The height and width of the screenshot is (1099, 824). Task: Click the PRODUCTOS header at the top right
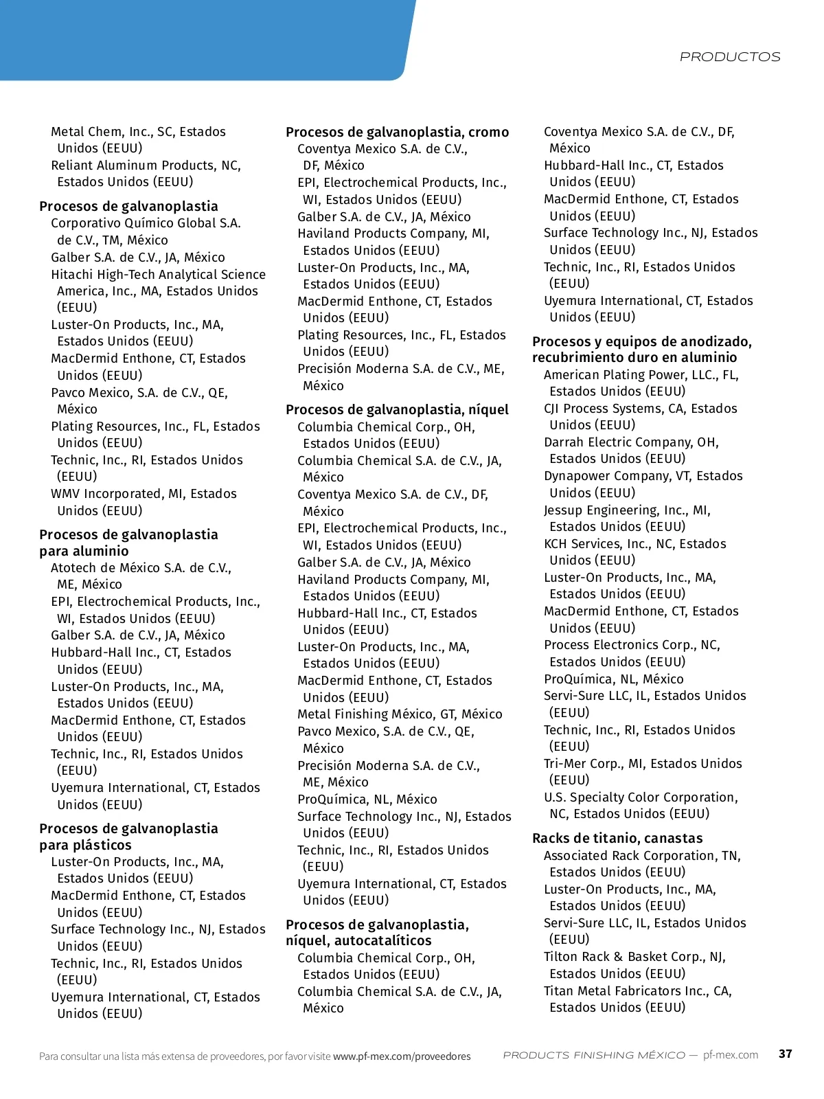(730, 57)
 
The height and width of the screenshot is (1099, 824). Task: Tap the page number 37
(786, 1054)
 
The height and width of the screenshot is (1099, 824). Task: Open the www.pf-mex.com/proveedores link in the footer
(402, 1056)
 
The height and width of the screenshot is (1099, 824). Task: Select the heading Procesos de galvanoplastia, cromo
(397, 132)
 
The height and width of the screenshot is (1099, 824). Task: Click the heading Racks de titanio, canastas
(617, 838)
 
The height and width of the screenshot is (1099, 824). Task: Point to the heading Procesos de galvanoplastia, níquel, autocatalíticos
(377, 932)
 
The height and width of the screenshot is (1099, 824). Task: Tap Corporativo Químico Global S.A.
(146, 223)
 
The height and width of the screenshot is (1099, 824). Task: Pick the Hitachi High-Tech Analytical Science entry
(158, 275)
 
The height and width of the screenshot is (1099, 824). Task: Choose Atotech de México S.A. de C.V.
(141, 568)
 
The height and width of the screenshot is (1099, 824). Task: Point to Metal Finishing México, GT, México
(400, 714)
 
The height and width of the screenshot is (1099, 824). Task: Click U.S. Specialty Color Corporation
(640, 797)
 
